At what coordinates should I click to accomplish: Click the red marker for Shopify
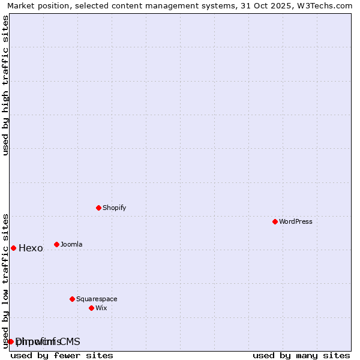pos(98,208)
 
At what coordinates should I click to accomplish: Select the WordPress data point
pos(275,221)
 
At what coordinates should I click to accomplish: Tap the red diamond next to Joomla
pos(56,244)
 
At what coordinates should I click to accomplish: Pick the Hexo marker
pos(13,248)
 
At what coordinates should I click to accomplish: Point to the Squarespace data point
pos(72,299)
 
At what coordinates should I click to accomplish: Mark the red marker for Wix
pos(91,308)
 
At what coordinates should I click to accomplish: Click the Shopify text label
pos(114,208)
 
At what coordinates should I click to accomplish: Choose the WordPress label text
pos(295,221)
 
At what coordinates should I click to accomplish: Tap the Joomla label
pos(71,244)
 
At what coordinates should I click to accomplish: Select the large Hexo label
pos(31,248)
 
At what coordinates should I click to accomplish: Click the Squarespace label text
pos(97,299)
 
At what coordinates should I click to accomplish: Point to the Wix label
pos(101,308)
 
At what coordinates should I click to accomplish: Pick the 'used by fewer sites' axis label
pos(62,355)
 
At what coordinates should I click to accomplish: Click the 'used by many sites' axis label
pos(301,355)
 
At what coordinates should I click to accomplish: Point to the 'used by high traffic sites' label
pos(5,85)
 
